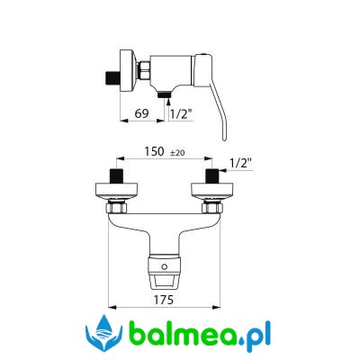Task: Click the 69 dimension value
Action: (141, 113)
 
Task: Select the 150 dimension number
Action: (155, 151)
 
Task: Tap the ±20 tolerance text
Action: (177, 153)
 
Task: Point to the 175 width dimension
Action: (164, 300)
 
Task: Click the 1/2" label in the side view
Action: (181, 114)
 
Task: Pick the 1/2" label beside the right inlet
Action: (240, 164)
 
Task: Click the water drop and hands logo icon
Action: (103, 333)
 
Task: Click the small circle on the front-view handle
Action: (164, 266)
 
